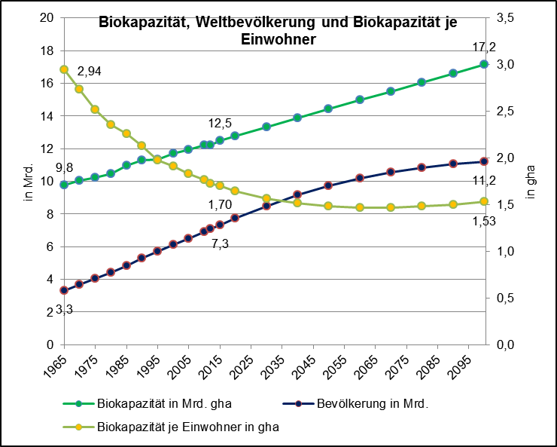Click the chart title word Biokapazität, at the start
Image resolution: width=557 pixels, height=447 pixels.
[x=142, y=23]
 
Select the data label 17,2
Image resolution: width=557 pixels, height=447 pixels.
[x=483, y=47]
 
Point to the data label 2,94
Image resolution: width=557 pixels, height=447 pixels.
[x=89, y=72]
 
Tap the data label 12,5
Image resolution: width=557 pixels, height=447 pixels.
[x=220, y=123]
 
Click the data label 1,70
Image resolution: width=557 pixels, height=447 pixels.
[x=220, y=204]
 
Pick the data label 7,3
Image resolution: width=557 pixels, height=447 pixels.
[x=220, y=243]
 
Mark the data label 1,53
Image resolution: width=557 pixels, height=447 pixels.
[x=485, y=221]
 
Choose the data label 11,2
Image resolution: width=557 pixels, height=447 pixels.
[x=483, y=181]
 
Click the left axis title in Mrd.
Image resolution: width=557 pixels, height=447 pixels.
[x=29, y=182]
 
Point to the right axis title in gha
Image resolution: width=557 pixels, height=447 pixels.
[x=530, y=182]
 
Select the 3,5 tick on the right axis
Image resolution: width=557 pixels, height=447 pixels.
[x=505, y=18]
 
